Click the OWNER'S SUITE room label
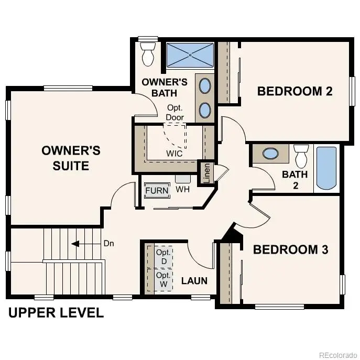(x=71, y=158)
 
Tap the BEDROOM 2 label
(x=294, y=91)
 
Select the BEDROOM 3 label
(x=290, y=249)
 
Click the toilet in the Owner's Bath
(x=147, y=54)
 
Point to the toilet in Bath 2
(x=301, y=155)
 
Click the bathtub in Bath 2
(x=327, y=169)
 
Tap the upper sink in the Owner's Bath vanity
(x=205, y=86)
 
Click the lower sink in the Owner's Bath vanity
(x=205, y=110)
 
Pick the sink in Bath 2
(x=270, y=154)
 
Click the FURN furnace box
(x=157, y=190)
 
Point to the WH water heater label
(x=182, y=189)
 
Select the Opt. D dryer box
(x=163, y=256)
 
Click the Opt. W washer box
(x=163, y=279)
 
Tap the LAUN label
(x=194, y=281)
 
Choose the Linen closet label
(x=206, y=173)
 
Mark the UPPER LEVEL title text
(x=56, y=313)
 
